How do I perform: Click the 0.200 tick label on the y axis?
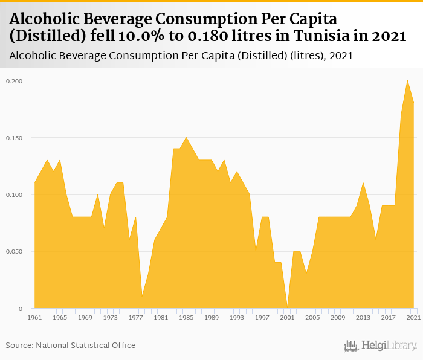click(15, 80)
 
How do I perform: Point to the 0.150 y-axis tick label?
click(15, 138)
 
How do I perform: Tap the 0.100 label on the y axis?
click(15, 194)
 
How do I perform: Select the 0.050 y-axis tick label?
click(15, 251)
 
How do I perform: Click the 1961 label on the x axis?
click(34, 317)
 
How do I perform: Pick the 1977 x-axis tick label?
click(135, 317)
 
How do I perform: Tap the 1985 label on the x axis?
click(186, 317)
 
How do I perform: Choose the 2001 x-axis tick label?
click(287, 317)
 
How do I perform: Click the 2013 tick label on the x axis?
click(363, 317)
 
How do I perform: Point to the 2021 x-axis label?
click(413, 317)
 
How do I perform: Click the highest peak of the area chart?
click(407, 80)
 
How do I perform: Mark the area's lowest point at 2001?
click(287, 307)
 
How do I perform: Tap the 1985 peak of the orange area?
click(186, 138)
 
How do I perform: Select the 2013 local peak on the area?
click(363, 183)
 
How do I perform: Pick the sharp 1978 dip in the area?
click(142, 296)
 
